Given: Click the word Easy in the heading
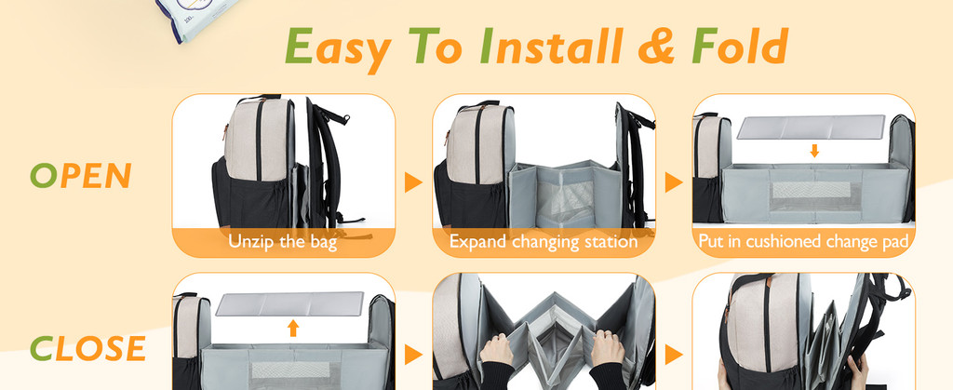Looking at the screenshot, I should click(x=337, y=47).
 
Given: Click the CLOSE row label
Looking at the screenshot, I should click(x=87, y=349).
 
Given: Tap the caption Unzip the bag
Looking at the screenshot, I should click(x=283, y=242).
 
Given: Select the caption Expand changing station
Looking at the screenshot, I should click(x=544, y=242).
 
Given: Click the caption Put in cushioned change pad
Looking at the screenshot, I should click(x=804, y=242).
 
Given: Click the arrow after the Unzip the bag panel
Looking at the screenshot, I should click(x=413, y=182).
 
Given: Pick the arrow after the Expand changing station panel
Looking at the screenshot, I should click(x=674, y=182).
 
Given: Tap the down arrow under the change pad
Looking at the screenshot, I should click(x=814, y=150).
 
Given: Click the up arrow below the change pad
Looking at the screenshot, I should click(x=292, y=328).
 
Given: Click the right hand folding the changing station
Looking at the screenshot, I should click(x=607, y=349).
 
